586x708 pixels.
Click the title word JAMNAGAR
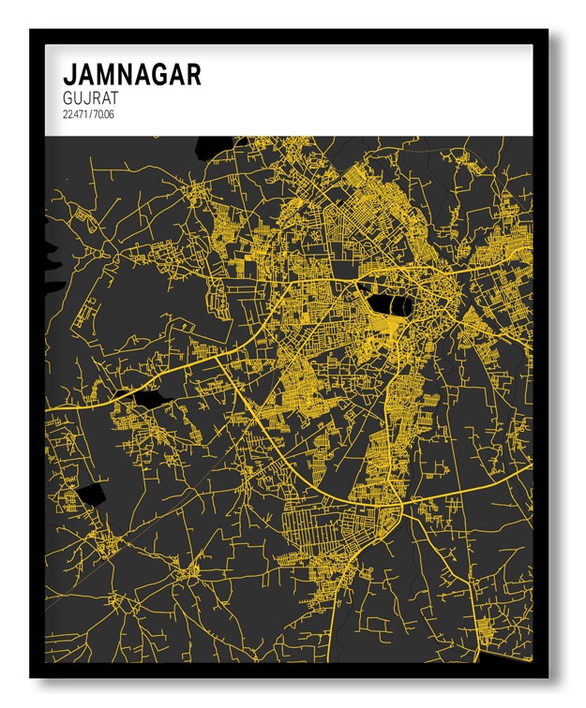131,75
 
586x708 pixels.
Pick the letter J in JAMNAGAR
68,75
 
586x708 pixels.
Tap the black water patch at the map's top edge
213,146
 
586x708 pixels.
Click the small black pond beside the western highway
148,399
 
